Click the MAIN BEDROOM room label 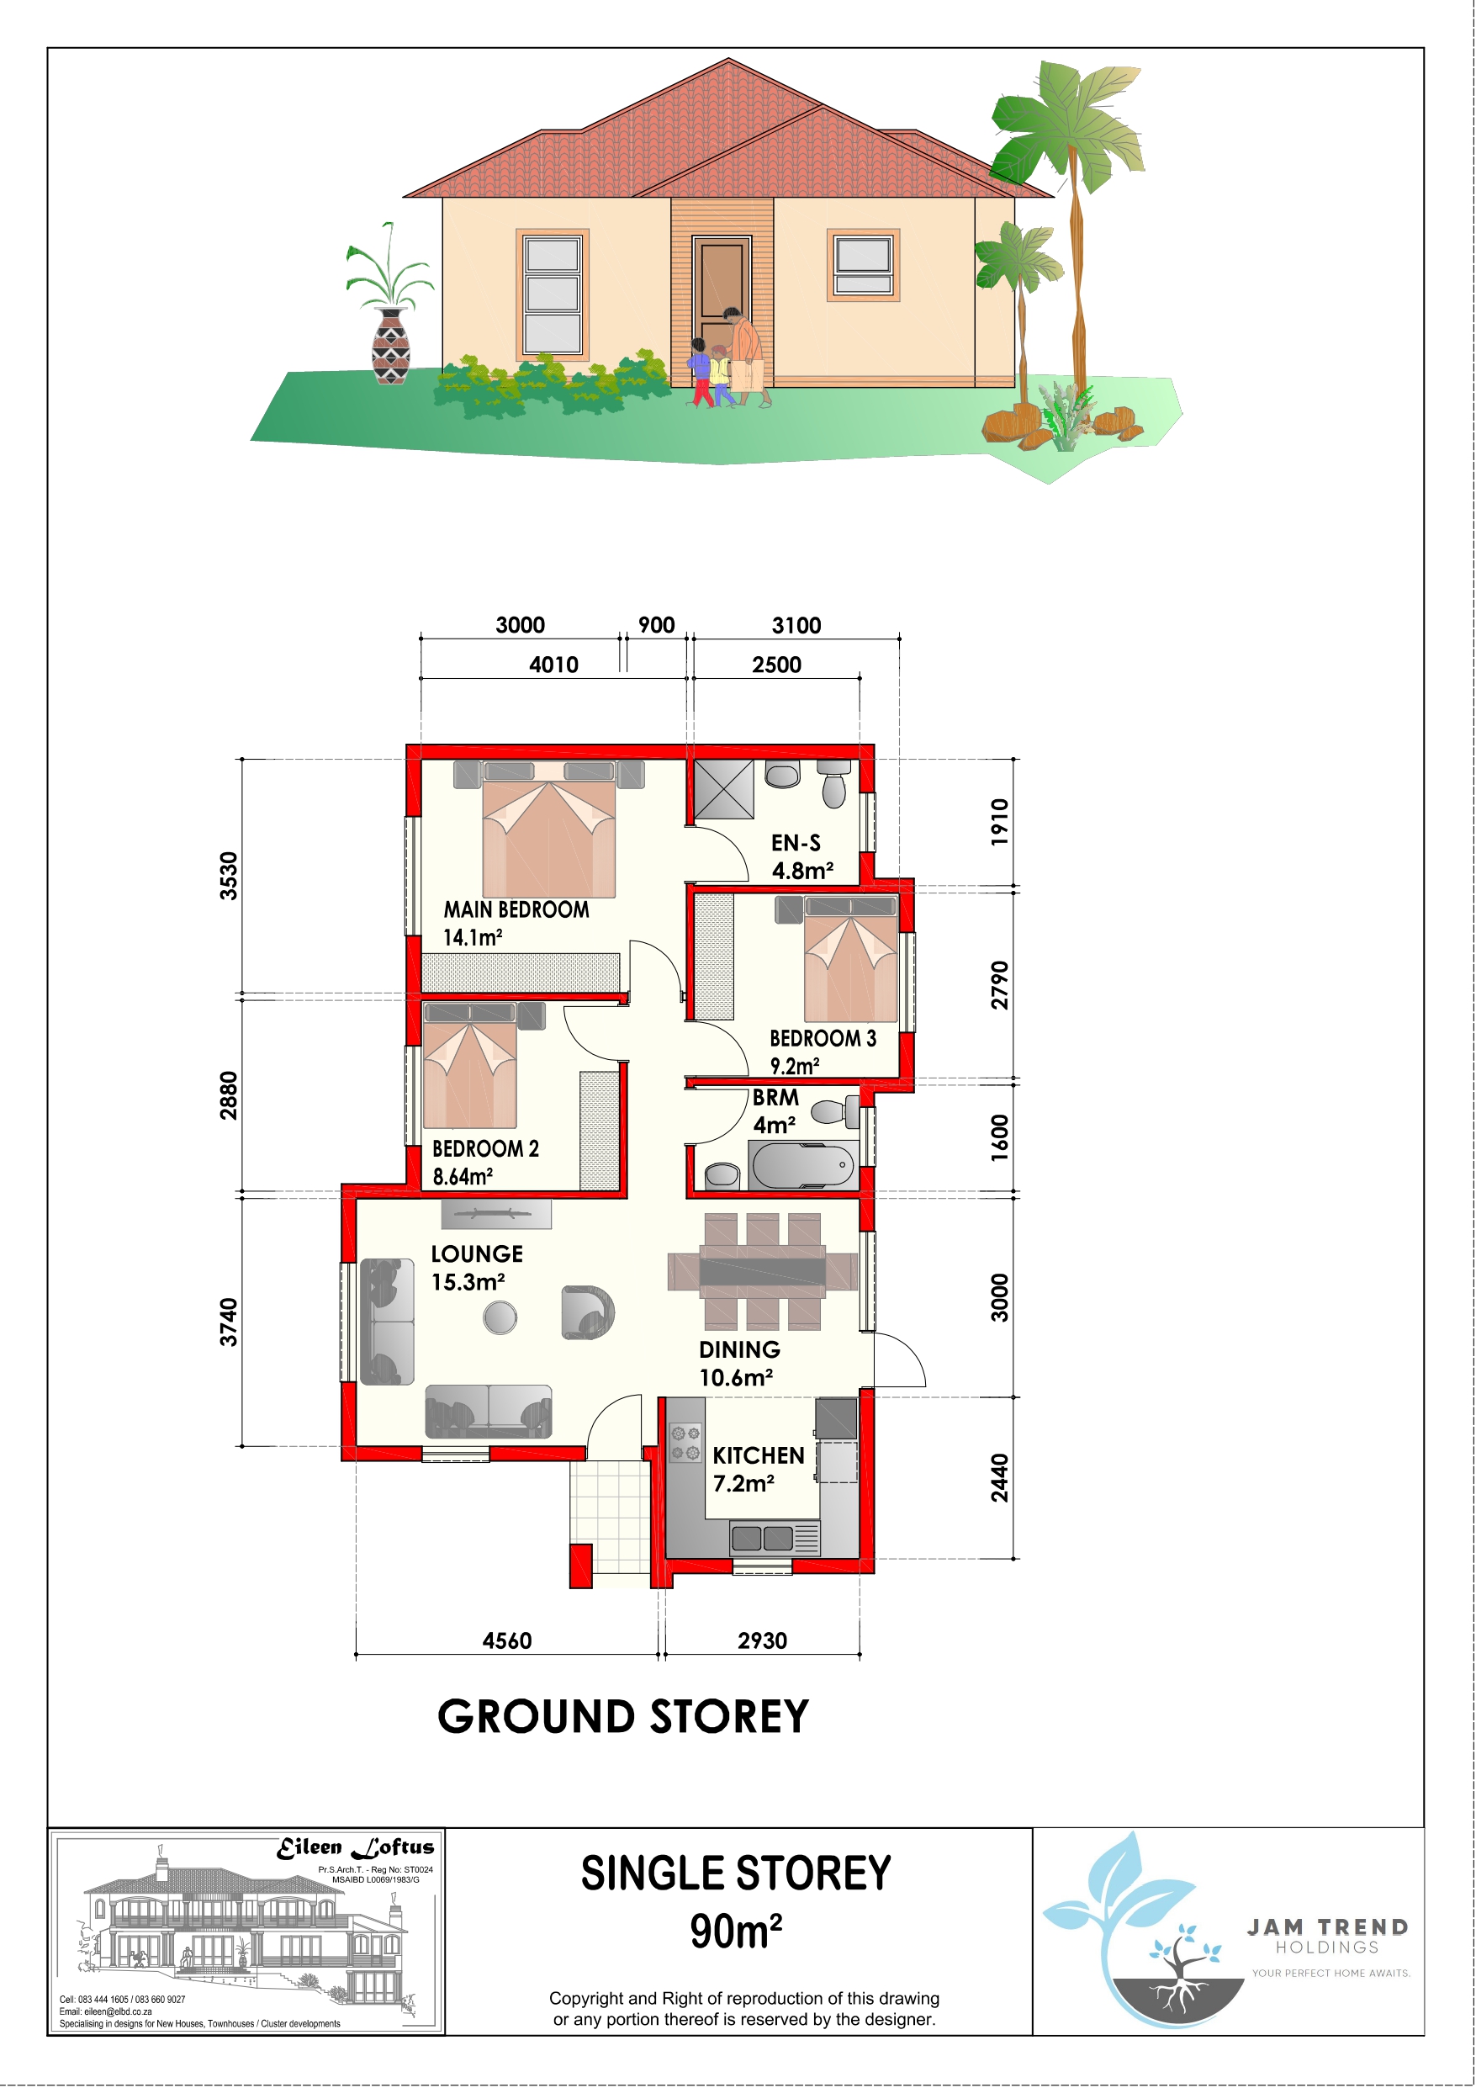pyautogui.click(x=516, y=909)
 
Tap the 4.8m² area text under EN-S pyautogui.click(x=802, y=871)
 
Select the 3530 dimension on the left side pyautogui.click(x=228, y=876)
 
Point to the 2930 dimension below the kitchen pyautogui.click(x=762, y=1640)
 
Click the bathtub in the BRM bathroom pyautogui.click(x=803, y=1165)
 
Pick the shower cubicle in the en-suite pyautogui.click(x=724, y=789)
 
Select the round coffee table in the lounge pyautogui.click(x=500, y=1317)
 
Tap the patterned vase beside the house pyautogui.click(x=392, y=346)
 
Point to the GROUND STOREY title pyautogui.click(x=623, y=1717)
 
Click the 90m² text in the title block pyautogui.click(x=736, y=1932)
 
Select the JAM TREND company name pyautogui.click(x=1327, y=1927)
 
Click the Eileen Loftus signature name pyautogui.click(x=356, y=1847)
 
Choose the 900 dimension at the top pyautogui.click(x=657, y=625)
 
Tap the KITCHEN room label pyautogui.click(x=759, y=1456)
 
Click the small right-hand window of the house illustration pyautogui.click(x=863, y=265)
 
